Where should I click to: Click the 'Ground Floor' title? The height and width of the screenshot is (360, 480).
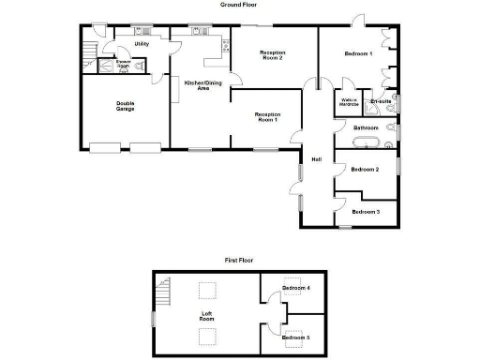[238, 5]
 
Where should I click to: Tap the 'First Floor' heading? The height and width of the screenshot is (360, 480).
[238, 260]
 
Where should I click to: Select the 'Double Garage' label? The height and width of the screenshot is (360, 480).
[125, 106]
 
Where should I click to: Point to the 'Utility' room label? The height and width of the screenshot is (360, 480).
[142, 43]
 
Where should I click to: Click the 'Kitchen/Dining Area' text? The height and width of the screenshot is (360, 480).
[196, 85]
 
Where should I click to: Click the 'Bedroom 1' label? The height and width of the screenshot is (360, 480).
[358, 53]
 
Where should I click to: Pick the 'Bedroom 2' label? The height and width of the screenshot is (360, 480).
[365, 170]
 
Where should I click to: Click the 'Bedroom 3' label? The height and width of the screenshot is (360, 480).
[366, 212]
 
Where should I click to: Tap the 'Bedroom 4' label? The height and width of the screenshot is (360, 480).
[296, 288]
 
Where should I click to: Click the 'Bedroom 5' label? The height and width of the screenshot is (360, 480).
[296, 336]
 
